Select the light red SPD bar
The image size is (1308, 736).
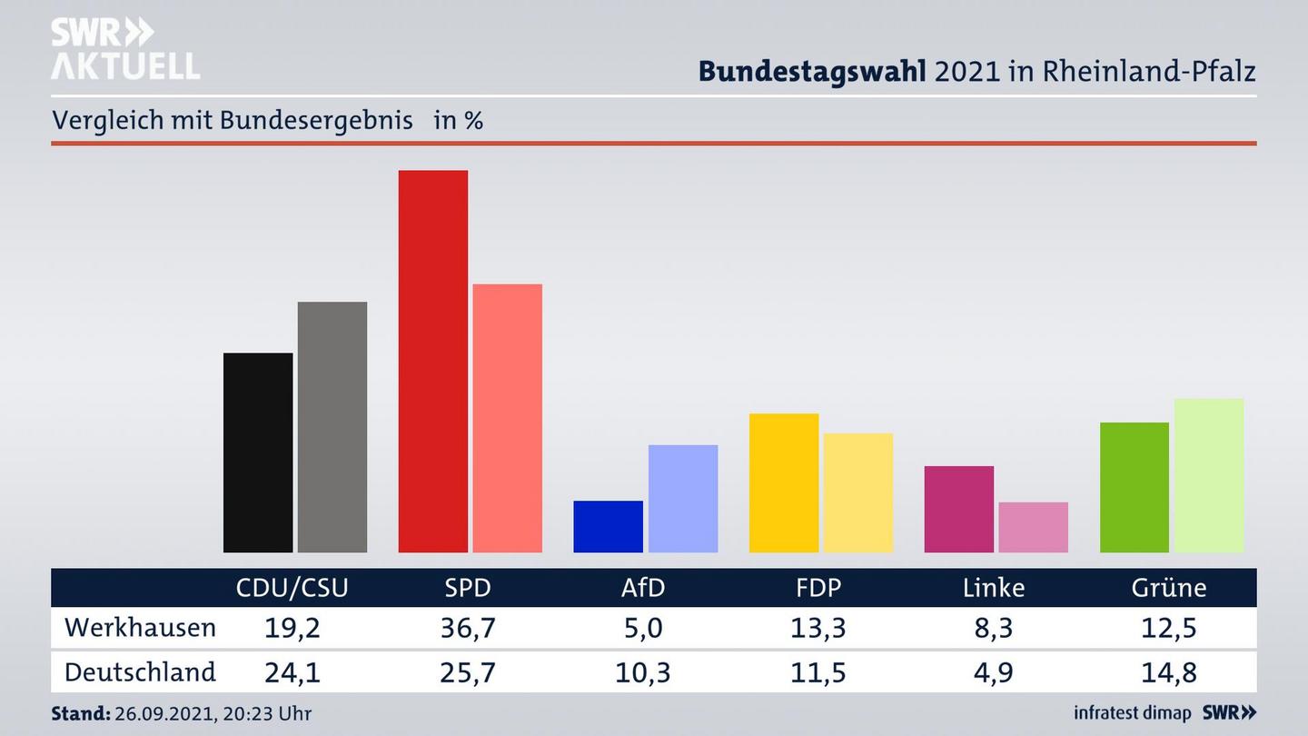tap(507, 418)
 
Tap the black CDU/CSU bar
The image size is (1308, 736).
tap(258, 453)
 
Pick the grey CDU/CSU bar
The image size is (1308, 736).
tap(332, 427)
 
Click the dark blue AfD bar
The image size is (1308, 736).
tap(608, 526)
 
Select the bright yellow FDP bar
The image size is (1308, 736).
tap(784, 482)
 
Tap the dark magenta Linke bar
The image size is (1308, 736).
tap(959, 509)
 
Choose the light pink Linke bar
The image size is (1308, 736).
tap(1033, 527)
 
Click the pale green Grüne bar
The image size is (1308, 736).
tap(1209, 475)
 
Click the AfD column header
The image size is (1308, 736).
tap(643, 588)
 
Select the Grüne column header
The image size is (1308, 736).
tap(1169, 588)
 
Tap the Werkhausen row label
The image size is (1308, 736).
tap(141, 628)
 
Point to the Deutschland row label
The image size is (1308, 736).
tap(141, 672)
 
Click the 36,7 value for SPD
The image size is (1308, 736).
tap(468, 628)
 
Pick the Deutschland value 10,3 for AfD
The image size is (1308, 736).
tap(643, 672)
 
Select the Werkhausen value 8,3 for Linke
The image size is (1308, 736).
tap(994, 628)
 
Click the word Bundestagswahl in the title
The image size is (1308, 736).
tap(812, 71)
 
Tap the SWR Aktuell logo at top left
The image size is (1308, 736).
tap(124, 49)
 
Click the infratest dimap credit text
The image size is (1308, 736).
tap(1133, 713)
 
